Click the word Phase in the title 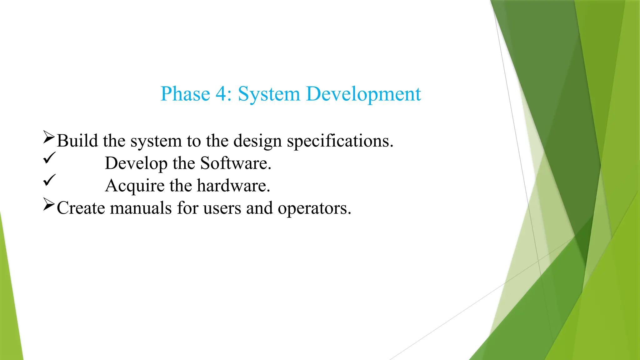pyautogui.click(x=185, y=94)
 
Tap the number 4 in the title pyautogui.click(x=222, y=94)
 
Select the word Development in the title pyautogui.click(x=363, y=94)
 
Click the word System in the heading pyautogui.click(x=269, y=94)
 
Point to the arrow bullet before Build pyautogui.click(x=49, y=137)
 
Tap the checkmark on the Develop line pyautogui.click(x=49, y=157)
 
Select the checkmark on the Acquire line pyautogui.click(x=49, y=180)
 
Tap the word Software pyautogui.click(x=235, y=163)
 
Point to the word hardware pyautogui.click(x=233, y=186)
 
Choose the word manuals pyautogui.click(x=141, y=208)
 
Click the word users pyautogui.click(x=222, y=208)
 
